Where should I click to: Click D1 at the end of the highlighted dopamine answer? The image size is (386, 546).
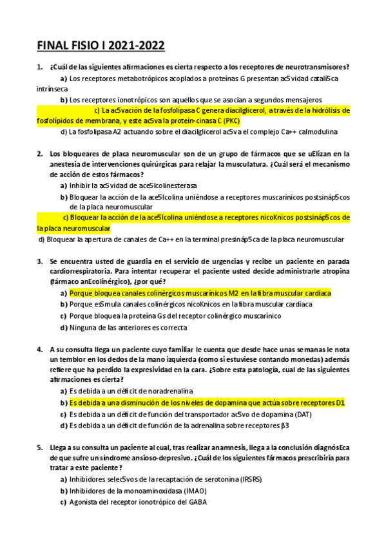pyautogui.click(x=340, y=402)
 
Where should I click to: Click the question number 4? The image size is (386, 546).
pyautogui.click(x=40, y=348)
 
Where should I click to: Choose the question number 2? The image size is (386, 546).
pyautogui.click(x=40, y=153)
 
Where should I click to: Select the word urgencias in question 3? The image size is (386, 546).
pyautogui.click(x=226, y=261)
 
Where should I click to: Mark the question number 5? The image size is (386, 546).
pyautogui.click(x=40, y=447)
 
